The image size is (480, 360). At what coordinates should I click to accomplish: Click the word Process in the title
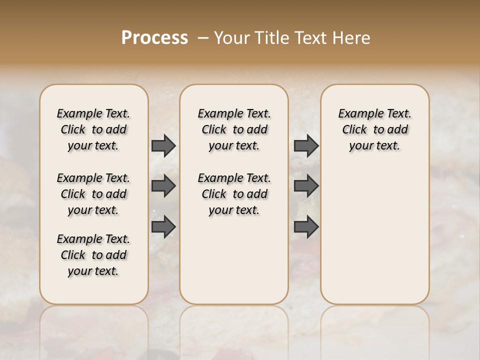[154, 38]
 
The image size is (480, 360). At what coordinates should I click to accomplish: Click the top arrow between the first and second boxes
[163, 145]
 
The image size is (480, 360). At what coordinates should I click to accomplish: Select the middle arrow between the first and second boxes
[163, 186]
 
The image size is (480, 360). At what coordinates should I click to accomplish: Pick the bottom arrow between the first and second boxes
[163, 226]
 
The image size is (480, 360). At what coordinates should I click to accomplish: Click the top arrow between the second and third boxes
[306, 145]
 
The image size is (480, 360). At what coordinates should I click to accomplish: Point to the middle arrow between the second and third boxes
[306, 186]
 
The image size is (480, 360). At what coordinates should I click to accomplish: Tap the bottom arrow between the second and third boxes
[306, 226]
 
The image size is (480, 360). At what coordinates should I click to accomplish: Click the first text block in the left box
[93, 129]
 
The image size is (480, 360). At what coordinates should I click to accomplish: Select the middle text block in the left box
[93, 194]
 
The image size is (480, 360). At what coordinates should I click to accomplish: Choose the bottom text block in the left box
[93, 255]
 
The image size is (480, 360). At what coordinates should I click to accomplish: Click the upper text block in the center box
[234, 129]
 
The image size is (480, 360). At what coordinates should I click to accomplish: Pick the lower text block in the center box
[234, 194]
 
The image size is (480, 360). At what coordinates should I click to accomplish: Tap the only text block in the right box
[375, 129]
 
